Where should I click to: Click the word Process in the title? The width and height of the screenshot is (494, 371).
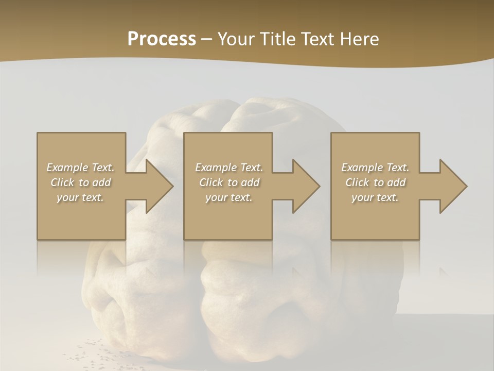point(162,39)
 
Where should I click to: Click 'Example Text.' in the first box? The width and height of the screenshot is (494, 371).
point(80,167)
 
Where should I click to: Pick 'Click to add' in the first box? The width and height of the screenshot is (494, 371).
point(80,182)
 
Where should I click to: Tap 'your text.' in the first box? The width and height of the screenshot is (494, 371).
point(80,197)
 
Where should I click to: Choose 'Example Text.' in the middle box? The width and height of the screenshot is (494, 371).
point(228,167)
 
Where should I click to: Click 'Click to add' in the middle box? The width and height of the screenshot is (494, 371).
point(228,182)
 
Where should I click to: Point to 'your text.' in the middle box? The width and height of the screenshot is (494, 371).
point(228,197)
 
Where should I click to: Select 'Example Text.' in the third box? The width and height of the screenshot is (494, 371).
point(375,167)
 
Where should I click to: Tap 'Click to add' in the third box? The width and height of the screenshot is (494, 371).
point(375,182)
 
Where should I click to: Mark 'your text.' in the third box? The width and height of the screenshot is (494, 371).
point(375,197)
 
